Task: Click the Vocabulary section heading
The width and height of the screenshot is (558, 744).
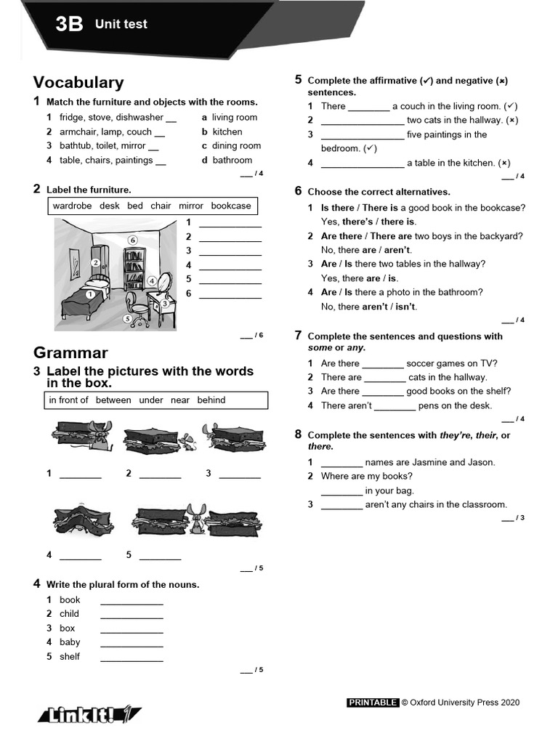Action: pos(78,83)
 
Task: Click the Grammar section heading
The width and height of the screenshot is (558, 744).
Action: pos(70,353)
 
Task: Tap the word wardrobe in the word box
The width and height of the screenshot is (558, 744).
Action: pos(72,206)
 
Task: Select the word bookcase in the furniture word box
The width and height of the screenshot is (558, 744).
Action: pos(230,206)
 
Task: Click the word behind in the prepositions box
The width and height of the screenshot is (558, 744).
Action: pos(211,400)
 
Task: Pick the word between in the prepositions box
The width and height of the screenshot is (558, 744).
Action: pos(113,400)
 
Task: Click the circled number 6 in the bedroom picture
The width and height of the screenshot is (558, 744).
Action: pos(132,240)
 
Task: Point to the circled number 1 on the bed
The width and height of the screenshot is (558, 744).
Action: pos(89,294)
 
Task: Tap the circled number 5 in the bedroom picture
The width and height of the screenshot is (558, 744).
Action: pos(128,318)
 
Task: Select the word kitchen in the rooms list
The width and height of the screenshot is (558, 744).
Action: pos(227,132)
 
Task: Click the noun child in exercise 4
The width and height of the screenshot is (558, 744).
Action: pos(70,614)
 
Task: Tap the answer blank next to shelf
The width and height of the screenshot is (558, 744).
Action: pos(132,658)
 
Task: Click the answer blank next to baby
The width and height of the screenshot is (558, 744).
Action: pos(132,643)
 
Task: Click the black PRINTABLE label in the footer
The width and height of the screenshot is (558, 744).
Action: pos(373,703)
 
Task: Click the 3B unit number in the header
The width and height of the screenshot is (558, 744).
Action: pos(70,25)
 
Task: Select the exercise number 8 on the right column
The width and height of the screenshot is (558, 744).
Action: pos(298,434)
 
